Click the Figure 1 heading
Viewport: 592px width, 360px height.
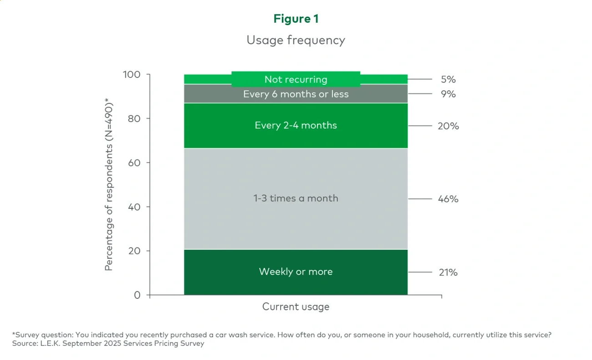[x=296, y=19]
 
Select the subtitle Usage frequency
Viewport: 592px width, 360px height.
[x=296, y=40]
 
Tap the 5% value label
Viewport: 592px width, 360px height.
[x=448, y=79]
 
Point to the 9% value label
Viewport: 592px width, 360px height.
[x=448, y=94]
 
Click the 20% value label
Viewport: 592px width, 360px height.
[x=448, y=126]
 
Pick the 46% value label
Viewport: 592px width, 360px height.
[x=448, y=199]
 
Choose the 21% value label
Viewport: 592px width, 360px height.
[x=448, y=273]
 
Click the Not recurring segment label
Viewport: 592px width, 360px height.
[x=296, y=79]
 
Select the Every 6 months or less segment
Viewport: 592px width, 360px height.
[x=296, y=94]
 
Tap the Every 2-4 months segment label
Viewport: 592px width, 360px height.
[x=296, y=125]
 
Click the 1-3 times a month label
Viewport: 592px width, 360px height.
[x=296, y=198]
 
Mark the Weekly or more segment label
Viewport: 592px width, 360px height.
[x=296, y=272]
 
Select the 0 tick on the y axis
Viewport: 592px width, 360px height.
[x=137, y=295]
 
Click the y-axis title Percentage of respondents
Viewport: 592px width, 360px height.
[x=109, y=184]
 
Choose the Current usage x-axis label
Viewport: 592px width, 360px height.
[x=296, y=307]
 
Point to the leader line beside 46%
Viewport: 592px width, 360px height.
[x=419, y=199]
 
